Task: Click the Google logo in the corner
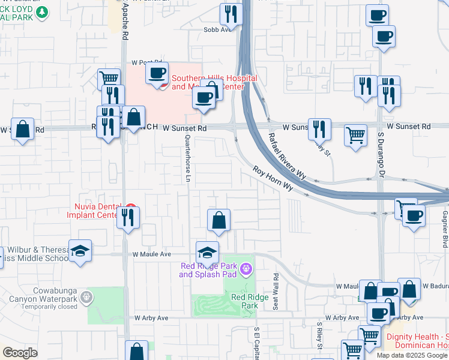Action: tap(20, 353)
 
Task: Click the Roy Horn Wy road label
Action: tap(273, 178)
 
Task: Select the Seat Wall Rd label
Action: tap(276, 292)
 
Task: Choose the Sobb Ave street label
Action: tap(217, 29)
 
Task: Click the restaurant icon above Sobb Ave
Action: tap(231, 13)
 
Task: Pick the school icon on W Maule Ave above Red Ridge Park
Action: tap(207, 252)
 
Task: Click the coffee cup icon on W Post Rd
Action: tap(157, 73)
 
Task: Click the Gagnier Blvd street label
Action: tap(445, 221)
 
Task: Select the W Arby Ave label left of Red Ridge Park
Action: tap(151, 318)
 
